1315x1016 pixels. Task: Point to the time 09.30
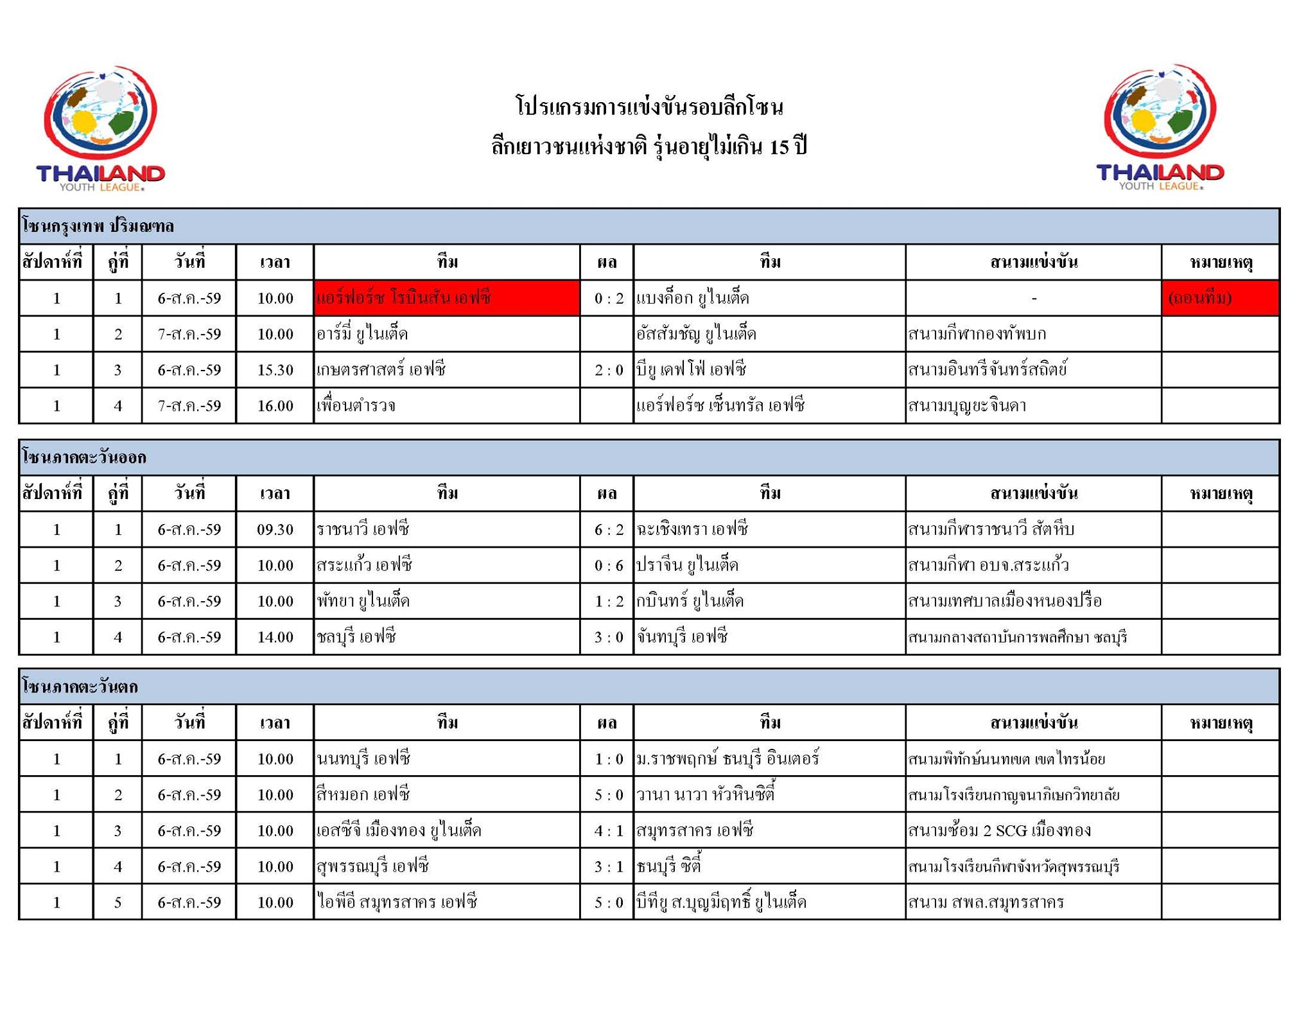coord(275,530)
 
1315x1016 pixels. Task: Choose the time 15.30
coord(275,370)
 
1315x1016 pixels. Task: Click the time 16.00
coord(275,406)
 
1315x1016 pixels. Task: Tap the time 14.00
coord(275,637)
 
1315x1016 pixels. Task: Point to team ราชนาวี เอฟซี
coord(363,530)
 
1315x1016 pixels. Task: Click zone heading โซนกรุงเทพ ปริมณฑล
coord(98,226)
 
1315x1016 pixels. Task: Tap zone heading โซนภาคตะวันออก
coord(84,457)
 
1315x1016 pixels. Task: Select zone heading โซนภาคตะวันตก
coord(80,687)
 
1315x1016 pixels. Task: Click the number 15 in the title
coord(779,148)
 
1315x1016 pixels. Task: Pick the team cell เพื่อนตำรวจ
coord(356,406)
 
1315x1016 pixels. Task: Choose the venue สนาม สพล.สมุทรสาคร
coord(986,902)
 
